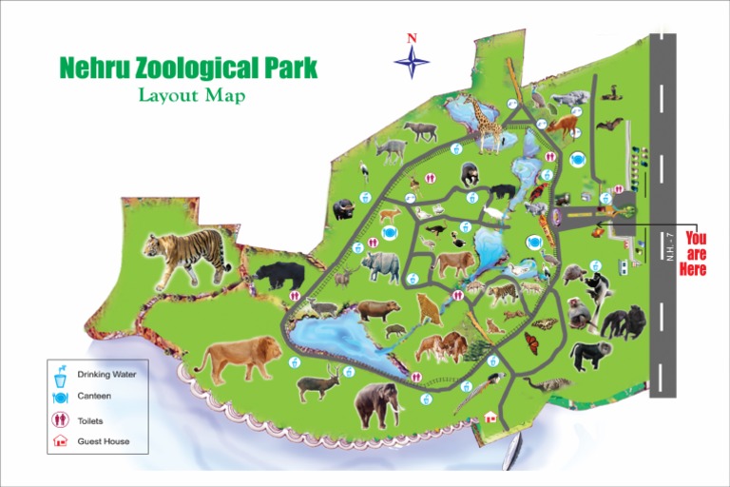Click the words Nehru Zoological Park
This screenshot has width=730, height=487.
188,68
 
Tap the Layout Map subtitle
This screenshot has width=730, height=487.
192,95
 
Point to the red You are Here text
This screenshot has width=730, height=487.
694,254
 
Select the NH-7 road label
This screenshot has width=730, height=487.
670,247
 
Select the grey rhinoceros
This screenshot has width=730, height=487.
383,265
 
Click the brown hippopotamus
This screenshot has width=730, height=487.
378,310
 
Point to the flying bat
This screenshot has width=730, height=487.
609,124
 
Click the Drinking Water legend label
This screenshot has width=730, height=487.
106,374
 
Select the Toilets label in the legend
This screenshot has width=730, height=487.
90,419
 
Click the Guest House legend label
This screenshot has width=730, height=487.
103,441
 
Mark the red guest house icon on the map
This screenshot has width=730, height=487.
490,417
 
